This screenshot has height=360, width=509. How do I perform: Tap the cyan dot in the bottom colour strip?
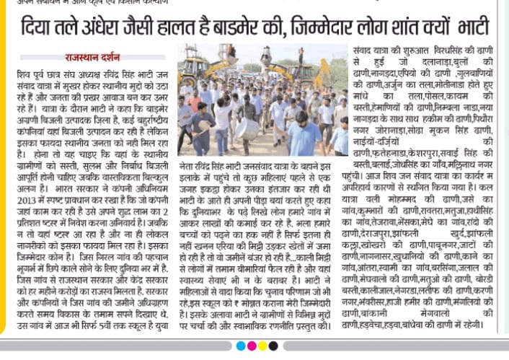point(240,346)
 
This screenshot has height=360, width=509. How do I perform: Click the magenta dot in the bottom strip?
point(252,346)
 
